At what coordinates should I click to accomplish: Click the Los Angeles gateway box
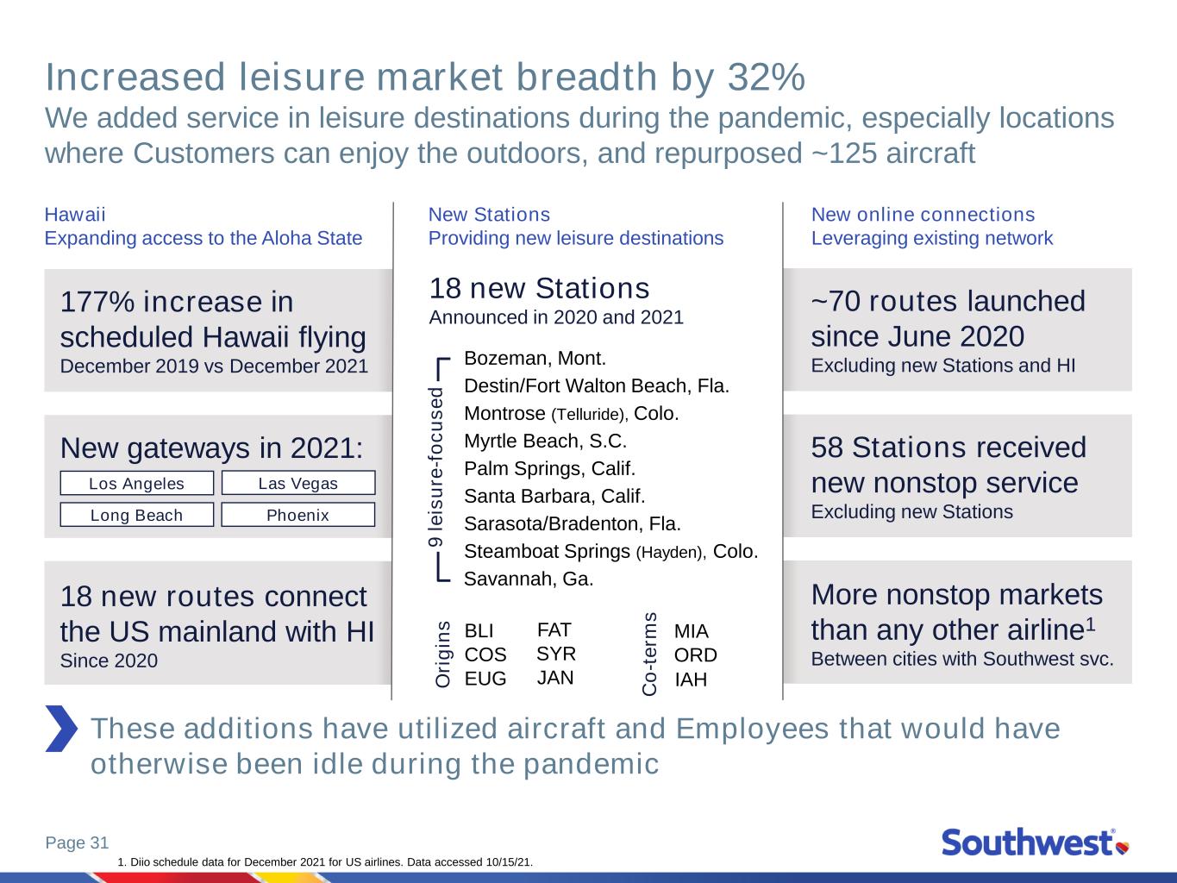pos(137,483)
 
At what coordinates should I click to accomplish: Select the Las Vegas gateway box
pos(298,483)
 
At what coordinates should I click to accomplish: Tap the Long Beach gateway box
pos(137,515)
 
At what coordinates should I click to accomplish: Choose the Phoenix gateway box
pos(298,515)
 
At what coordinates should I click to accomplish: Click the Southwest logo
pos(1036,842)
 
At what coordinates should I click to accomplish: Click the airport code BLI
pos(479,630)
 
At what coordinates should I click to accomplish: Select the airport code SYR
pos(556,654)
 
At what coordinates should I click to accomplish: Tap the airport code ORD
pos(696,655)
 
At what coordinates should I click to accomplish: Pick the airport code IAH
pos(691,679)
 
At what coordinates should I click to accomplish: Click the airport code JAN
pos(555,678)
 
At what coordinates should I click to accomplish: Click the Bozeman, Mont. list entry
pos(535,358)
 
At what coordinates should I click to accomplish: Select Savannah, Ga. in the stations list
pos(529,579)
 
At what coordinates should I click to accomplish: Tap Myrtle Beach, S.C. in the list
pos(545,441)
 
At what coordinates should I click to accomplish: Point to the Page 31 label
pos(78,842)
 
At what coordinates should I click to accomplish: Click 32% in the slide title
pos(767,77)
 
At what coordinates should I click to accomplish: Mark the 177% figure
pos(97,301)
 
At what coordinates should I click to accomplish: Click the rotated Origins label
pos(443,654)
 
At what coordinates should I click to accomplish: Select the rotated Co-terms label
pos(649,654)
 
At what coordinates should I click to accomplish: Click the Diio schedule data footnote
pos(325,862)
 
